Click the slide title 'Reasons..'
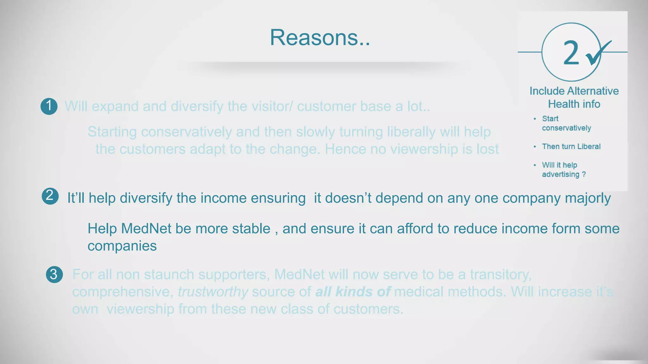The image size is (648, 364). pos(320,38)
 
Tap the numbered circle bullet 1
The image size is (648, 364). pos(49,106)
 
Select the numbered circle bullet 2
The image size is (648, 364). pos(50,196)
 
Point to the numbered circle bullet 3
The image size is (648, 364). pos(54,274)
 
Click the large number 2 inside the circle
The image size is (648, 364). pos(571,53)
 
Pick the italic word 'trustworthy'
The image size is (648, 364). pos(213,292)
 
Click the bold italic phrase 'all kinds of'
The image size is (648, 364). pos(353,292)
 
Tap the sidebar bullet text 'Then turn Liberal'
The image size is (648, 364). pos(571,147)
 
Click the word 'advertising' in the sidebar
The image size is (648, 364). pos(560,174)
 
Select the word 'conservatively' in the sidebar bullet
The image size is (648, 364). pos(566,128)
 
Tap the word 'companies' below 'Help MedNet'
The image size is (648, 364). pos(122,246)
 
